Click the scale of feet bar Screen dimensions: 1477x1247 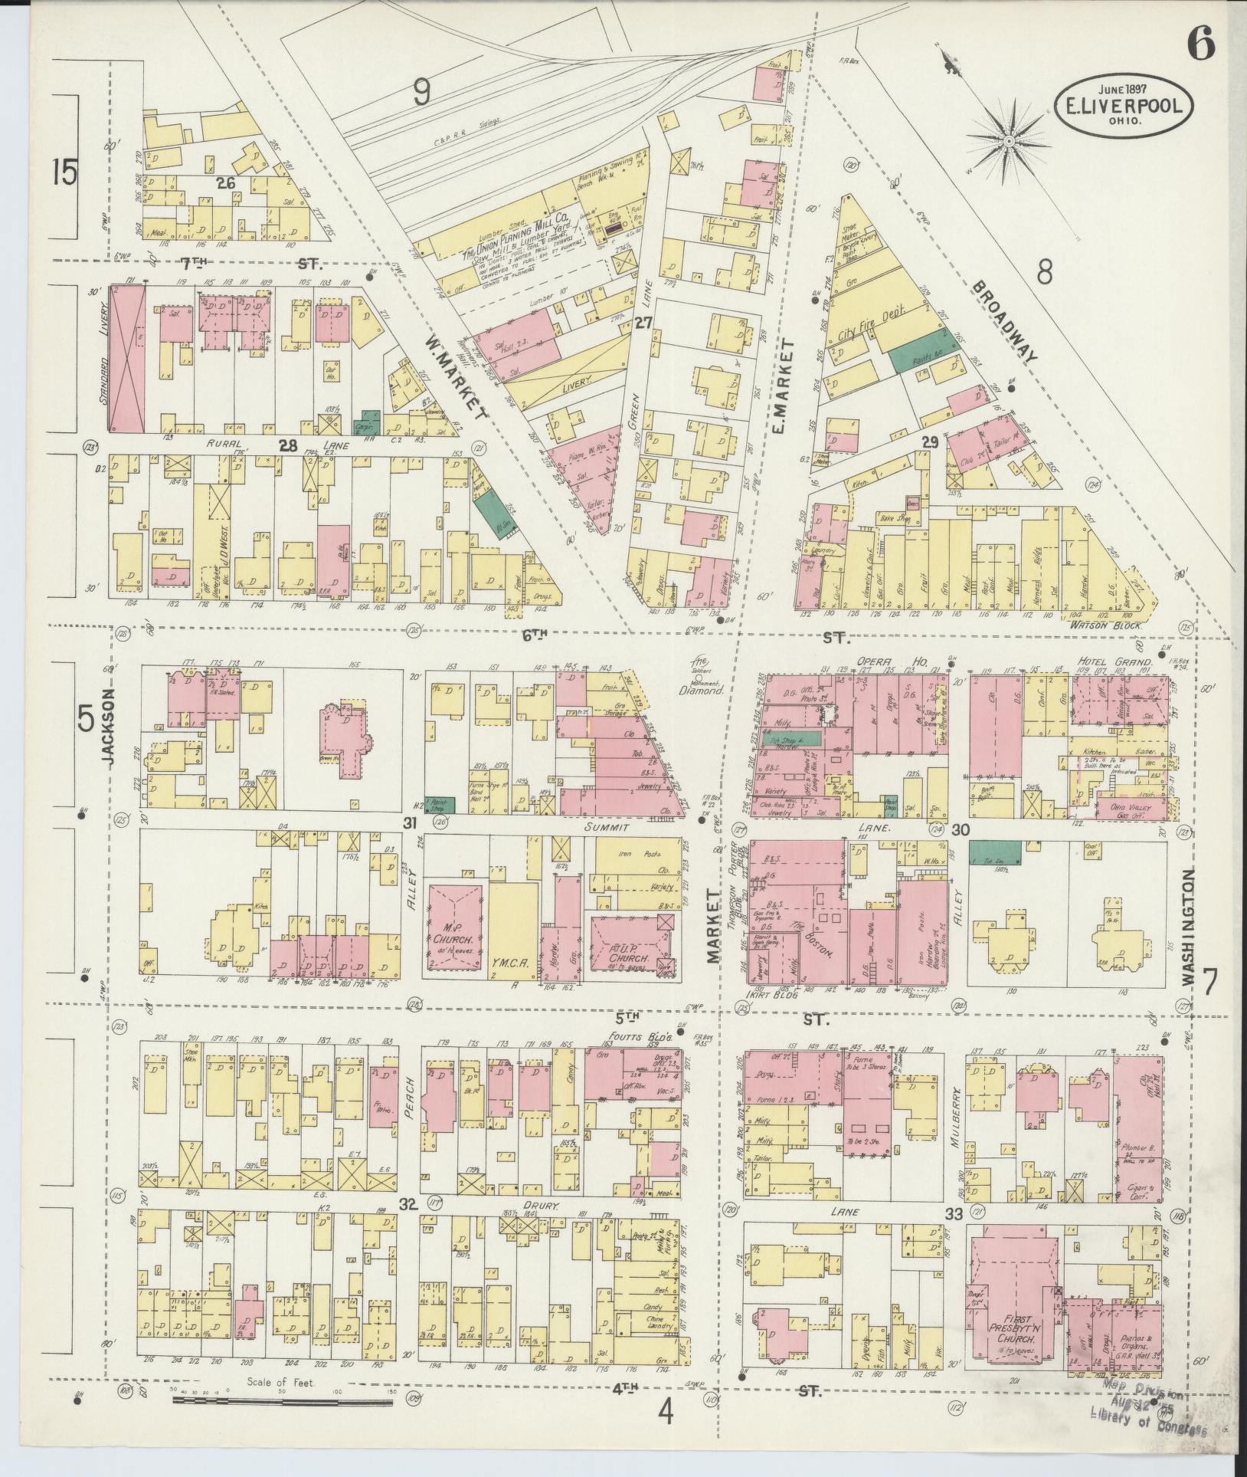(283, 1400)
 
